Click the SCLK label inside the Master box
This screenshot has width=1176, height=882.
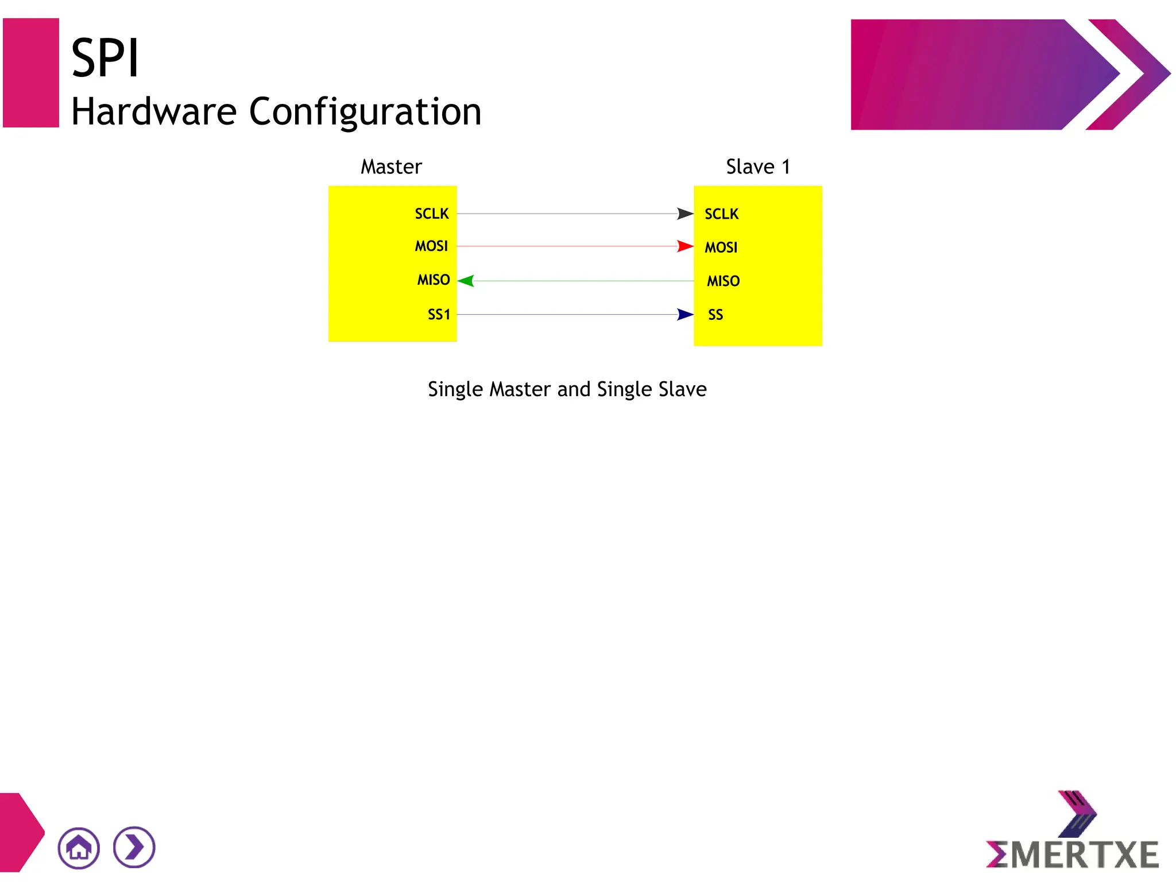point(431,214)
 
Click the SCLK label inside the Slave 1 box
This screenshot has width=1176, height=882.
point(721,214)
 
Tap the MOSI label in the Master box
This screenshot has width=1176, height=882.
point(431,246)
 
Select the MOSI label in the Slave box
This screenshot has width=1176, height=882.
point(721,247)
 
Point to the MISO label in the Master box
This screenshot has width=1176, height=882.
point(434,280)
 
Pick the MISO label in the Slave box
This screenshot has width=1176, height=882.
point(723,281)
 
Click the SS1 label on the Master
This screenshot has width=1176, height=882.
point(439,315)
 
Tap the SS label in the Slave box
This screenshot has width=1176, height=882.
point(715,315)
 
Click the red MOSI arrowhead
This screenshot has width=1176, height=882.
point(685,246)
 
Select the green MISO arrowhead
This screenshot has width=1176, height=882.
point(466,281)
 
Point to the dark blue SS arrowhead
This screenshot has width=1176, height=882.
point(685,315)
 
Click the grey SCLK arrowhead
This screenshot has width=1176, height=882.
point(685,214)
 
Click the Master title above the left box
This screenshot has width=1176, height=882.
point(391,167)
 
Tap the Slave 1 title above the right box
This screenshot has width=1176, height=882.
point(758,167)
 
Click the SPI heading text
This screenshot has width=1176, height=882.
point(105,59)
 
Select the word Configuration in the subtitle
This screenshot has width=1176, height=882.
point(365,111)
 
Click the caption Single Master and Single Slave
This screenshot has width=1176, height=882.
point(567,389)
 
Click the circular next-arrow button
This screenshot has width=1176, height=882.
point(134,848)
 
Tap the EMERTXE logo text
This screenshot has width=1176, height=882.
point(1073,854)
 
